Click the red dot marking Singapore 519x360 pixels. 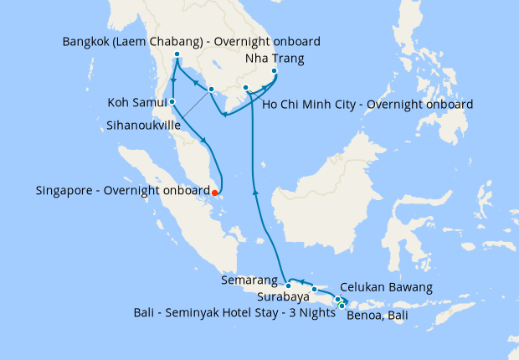[x=215, y=192]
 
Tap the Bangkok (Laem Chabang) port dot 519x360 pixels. [x=177, y=55]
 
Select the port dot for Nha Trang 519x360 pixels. [x=275, y=71]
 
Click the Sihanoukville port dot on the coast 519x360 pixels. [x=211, y=90]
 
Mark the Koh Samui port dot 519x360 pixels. [x=172, y=102]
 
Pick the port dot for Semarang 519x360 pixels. [x=288, y=286]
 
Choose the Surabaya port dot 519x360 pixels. [x=315, y=289]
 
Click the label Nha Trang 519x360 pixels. [x=274, y=59]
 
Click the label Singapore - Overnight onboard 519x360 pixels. [x=122, y=191]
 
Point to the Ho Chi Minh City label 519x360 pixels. [x=367, y=105]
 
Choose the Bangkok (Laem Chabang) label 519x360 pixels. [x=192, y=41]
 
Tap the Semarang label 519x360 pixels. [x=251, y=280]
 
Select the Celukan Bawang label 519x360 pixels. [x=386, y=287]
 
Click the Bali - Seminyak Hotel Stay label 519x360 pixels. [x=232, y=312]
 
